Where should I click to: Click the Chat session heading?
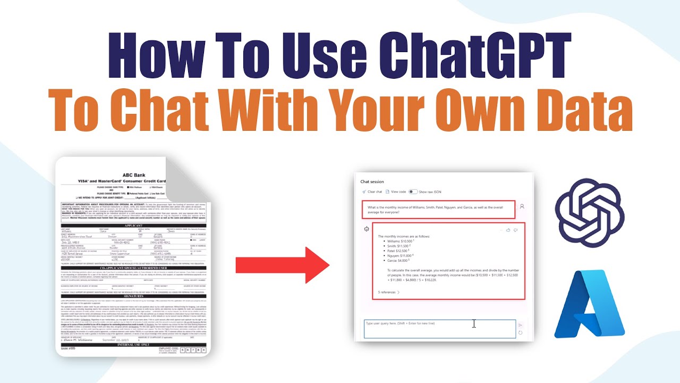(372, 182)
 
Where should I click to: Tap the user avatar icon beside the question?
(522, 206)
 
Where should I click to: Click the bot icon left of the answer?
(366, 229)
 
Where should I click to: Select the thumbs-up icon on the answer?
(508, 230)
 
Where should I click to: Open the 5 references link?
(388, 292)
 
